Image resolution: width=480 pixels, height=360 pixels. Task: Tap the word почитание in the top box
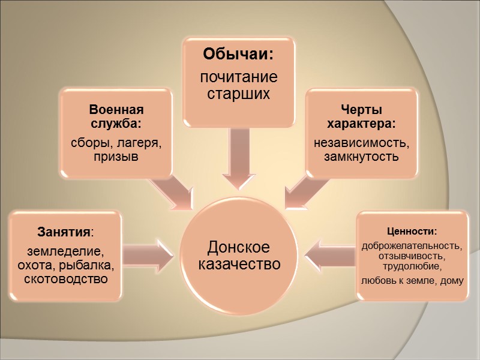[239, 78]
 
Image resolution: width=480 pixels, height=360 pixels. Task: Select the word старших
[239, 94]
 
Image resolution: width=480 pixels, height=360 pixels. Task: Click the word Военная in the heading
[116, 110]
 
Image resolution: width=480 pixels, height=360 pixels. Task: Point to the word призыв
[116, 158]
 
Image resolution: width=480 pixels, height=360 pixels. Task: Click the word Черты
[361, 110]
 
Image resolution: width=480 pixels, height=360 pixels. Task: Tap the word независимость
[361, 144]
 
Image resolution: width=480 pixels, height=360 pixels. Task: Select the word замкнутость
[361, 158]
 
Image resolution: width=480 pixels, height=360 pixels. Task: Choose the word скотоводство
[66, 279]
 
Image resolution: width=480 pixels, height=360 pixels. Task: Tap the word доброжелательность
[412, 246]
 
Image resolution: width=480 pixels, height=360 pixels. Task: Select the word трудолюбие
[412, 266]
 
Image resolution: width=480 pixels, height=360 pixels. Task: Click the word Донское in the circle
[238, 247]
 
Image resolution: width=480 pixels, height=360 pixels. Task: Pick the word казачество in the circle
[238, 264]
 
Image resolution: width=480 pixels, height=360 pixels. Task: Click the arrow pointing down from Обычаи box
[239, 156]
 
